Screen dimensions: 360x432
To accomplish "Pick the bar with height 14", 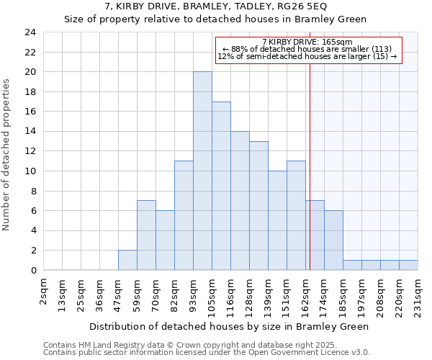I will coord(240,201).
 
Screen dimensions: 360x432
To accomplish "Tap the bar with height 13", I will coord(258,206).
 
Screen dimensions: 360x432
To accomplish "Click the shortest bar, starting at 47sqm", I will coord(127,260).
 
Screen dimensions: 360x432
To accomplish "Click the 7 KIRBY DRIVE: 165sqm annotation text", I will coord(307,42).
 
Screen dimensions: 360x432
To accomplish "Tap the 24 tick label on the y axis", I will coord(30,32).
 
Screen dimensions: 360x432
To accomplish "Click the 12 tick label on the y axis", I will coord(30,151).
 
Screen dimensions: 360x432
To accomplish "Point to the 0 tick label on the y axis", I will coord(33,271).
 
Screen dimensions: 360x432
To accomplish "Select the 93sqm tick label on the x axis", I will coord(194,292).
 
